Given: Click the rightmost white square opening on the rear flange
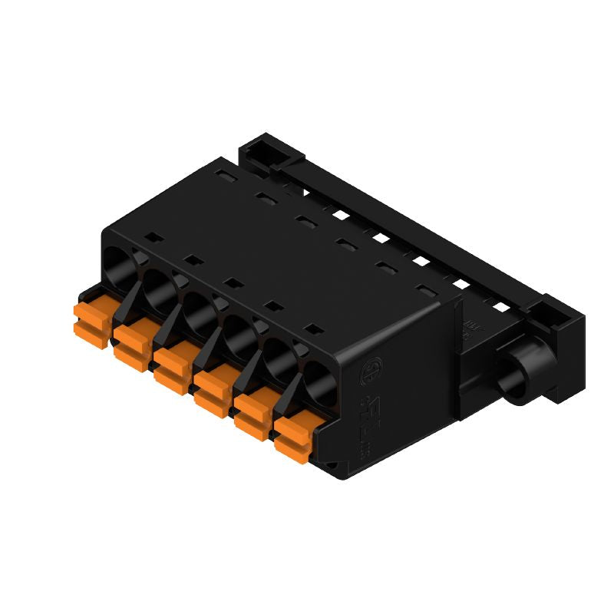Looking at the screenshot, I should coord(500,307).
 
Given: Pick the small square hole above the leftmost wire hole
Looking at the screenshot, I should coord(152,237).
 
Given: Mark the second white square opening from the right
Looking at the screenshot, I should coord(461,284).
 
